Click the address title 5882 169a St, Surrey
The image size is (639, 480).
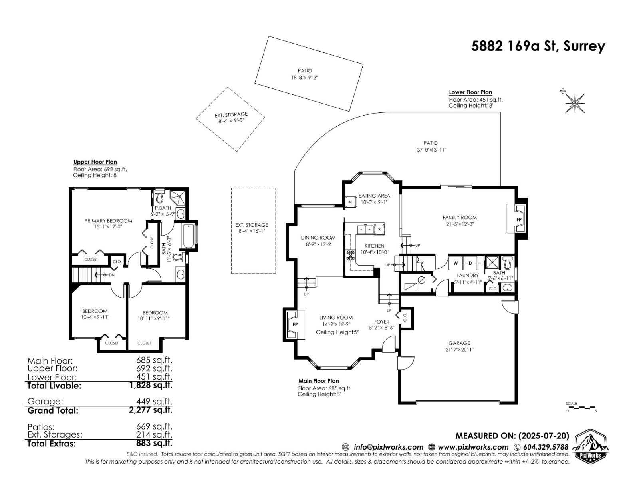[538, 47]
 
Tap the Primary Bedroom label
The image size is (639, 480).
[108, 221]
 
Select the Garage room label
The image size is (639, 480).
[459, 343]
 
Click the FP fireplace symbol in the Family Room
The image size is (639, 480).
[519, 220]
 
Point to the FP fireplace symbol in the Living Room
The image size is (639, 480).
[295, 324]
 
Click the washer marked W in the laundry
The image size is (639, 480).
[456, 263]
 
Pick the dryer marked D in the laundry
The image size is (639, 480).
[470, 263]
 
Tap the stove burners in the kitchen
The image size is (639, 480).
[351, 256]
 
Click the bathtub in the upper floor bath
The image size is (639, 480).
[190, 236]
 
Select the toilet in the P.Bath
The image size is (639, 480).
[159, 196]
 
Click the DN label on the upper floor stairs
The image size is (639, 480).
[111, 275]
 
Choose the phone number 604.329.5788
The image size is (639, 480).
[546, 447]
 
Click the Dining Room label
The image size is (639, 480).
[318, 238]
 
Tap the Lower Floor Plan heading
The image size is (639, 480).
[470, 92]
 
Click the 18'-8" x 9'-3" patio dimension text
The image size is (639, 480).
[305, 78]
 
